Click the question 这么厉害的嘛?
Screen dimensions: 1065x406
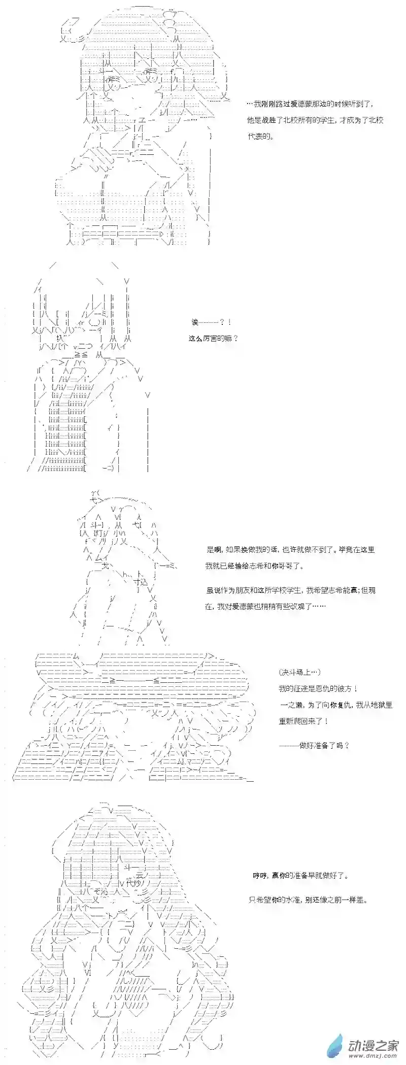click(213, 339)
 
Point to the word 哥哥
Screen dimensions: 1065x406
click(299, 566)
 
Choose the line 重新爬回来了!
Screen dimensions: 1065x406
click(303, 721)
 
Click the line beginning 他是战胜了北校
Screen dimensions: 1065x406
click(315, 120)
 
